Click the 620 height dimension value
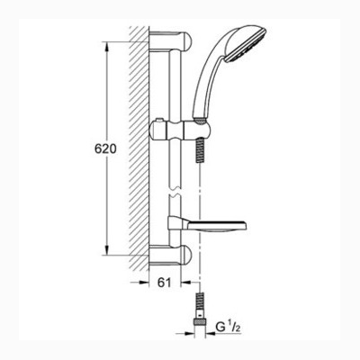click(x=105, y=148)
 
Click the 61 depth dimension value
click(x=164, y=283)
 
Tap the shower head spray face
click(x=246, y=46)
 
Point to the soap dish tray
click(x=207, y=227)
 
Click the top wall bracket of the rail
click(x=170, y=41)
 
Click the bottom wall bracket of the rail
click(x=170, y=255)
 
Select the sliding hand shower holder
click(x=180, y=130)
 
